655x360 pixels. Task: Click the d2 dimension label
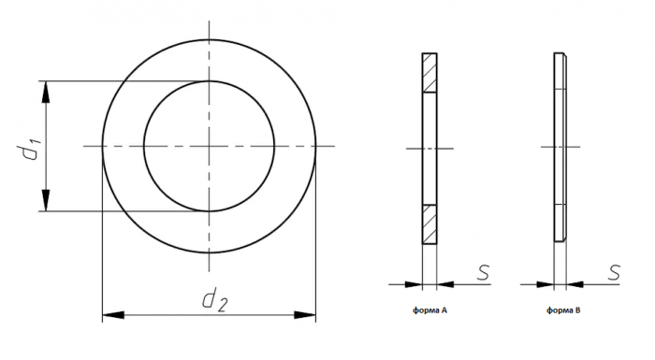coord(214,301)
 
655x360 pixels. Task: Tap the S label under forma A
coord(483,272)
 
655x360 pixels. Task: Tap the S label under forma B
coord(614,272)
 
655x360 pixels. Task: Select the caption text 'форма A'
coord(429,310)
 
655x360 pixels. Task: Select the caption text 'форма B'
coord(563,310)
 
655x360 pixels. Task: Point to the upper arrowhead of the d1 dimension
coord(46,92)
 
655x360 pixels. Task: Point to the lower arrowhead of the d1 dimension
coord(46,200)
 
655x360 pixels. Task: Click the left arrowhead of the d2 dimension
coord(113,315)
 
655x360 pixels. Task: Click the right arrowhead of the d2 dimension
coord(305,315)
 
